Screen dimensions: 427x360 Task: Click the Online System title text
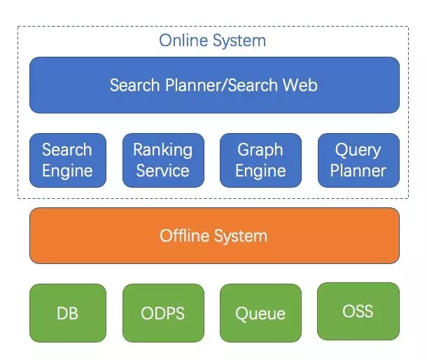pos(212,41)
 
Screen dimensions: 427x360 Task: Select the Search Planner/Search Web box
pos(214,85)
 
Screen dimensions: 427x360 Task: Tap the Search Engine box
pos(68,160)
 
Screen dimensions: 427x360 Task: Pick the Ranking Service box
pos(163,160)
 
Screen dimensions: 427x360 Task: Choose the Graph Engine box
pos(260,160)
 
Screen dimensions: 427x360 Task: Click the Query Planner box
pos(358,160)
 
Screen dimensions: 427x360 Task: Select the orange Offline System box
pos(214,236)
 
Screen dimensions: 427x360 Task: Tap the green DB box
pos(68,313)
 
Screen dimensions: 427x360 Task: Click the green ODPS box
pos(163,313)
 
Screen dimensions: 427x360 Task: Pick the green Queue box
pos(260,313)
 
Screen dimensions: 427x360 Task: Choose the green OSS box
pos(358,311)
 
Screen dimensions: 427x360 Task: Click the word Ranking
pos(163,150)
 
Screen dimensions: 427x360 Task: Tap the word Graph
pos(260,150)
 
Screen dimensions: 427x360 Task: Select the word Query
pos(358,150)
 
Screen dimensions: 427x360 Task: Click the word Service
pos(163,171)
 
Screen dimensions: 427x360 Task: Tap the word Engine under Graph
pos(260,172)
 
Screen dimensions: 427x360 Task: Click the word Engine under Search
pos(67,172)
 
